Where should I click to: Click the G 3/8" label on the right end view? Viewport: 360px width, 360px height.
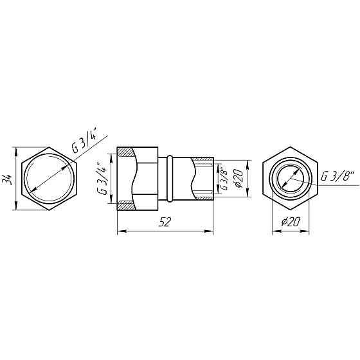[x=336, y=175]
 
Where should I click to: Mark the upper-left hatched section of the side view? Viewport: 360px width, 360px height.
[x=127, y=154]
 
